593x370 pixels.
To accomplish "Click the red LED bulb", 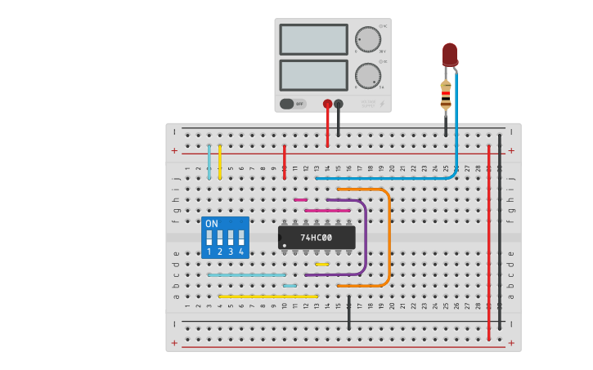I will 450,54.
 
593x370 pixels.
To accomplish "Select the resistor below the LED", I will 446,95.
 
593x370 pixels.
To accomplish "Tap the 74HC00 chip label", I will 316,238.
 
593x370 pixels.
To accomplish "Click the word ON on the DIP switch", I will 212,224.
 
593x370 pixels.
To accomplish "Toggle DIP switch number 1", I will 209,238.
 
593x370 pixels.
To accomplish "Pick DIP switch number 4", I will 241,238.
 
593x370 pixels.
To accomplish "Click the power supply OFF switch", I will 293,104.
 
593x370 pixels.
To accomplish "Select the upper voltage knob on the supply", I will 368,39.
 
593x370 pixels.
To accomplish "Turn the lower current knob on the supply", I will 368,76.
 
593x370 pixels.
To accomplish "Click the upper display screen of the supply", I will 314,39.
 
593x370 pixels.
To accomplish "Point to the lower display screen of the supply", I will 314,75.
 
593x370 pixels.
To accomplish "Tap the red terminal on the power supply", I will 327,104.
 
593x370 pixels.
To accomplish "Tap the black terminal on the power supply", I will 339,104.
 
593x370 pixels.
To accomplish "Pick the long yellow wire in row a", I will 267,296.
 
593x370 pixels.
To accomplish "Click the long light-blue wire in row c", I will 246,275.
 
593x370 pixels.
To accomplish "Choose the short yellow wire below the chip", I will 322,264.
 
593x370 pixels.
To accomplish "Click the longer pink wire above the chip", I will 327,211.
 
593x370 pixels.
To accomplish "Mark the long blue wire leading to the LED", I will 384,178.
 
